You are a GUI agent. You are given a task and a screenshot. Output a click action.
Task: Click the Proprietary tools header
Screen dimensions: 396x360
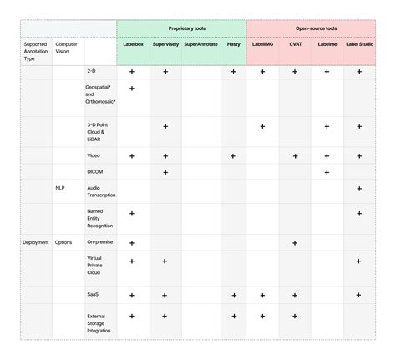[181, 28]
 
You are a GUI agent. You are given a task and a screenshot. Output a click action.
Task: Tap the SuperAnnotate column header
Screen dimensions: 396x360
[201, 43]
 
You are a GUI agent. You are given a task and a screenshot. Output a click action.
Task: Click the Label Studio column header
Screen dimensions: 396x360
[359, 43]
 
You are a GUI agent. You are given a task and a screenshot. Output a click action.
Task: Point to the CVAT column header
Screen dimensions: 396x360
[295, 43]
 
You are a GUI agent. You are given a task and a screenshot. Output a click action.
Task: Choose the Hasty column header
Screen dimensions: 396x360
[234, 43]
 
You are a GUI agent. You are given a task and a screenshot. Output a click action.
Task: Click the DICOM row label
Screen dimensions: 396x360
[94, 171]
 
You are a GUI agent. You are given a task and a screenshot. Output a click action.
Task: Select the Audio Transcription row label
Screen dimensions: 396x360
[100, 191]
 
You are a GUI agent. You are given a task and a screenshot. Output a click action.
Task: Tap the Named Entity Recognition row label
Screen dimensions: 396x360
[99, 219]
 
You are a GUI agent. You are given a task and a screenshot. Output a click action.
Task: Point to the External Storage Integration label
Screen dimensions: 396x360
[100, 323]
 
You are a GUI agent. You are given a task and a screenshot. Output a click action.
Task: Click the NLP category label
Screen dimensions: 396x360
[59, 188]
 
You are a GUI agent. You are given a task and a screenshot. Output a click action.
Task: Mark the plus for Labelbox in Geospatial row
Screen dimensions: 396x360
[132, 88]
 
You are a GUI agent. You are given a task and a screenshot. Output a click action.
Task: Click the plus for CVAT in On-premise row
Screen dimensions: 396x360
[295, 242]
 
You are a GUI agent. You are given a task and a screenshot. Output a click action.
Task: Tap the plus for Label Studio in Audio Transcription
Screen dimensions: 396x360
[359, 189]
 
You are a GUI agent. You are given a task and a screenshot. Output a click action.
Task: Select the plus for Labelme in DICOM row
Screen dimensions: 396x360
[327, 172]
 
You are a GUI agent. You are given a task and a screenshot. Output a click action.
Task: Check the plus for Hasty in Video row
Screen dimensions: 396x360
[234, 156]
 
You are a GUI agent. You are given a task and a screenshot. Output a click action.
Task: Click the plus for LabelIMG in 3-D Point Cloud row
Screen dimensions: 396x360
[262, 126]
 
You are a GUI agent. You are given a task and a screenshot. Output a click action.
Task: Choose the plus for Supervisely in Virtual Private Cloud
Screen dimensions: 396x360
[165, 261]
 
